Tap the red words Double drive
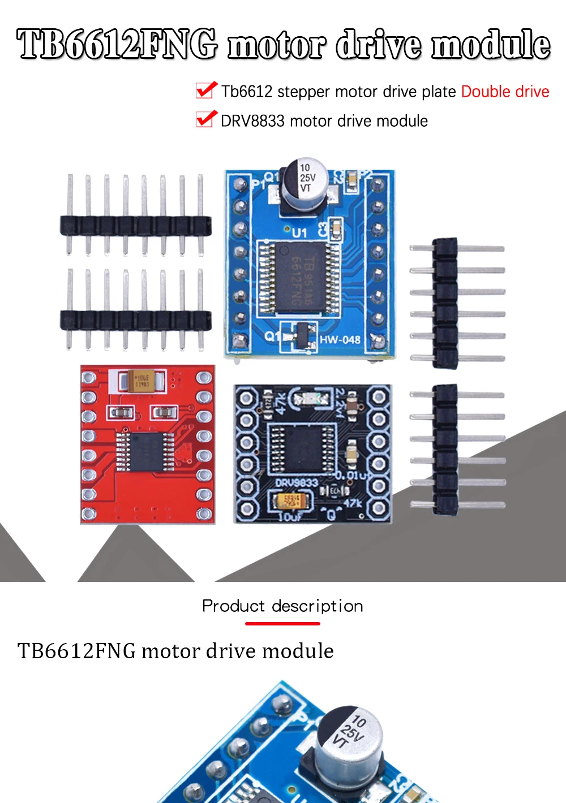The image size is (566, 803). [x=505, y=92]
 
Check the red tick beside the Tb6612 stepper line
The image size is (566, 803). [x=205, y=90]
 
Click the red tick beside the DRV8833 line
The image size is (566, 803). [x=205, y=119]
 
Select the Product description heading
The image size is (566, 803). [x=282, y=606]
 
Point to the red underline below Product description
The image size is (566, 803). [x=282, y=623]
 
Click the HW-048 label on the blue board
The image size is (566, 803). [x=340, y=339]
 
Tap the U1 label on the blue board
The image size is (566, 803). [x=299, y=232]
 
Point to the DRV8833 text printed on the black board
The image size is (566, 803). [x=296, y=483]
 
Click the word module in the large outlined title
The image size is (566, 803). [x=491, y=45]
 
